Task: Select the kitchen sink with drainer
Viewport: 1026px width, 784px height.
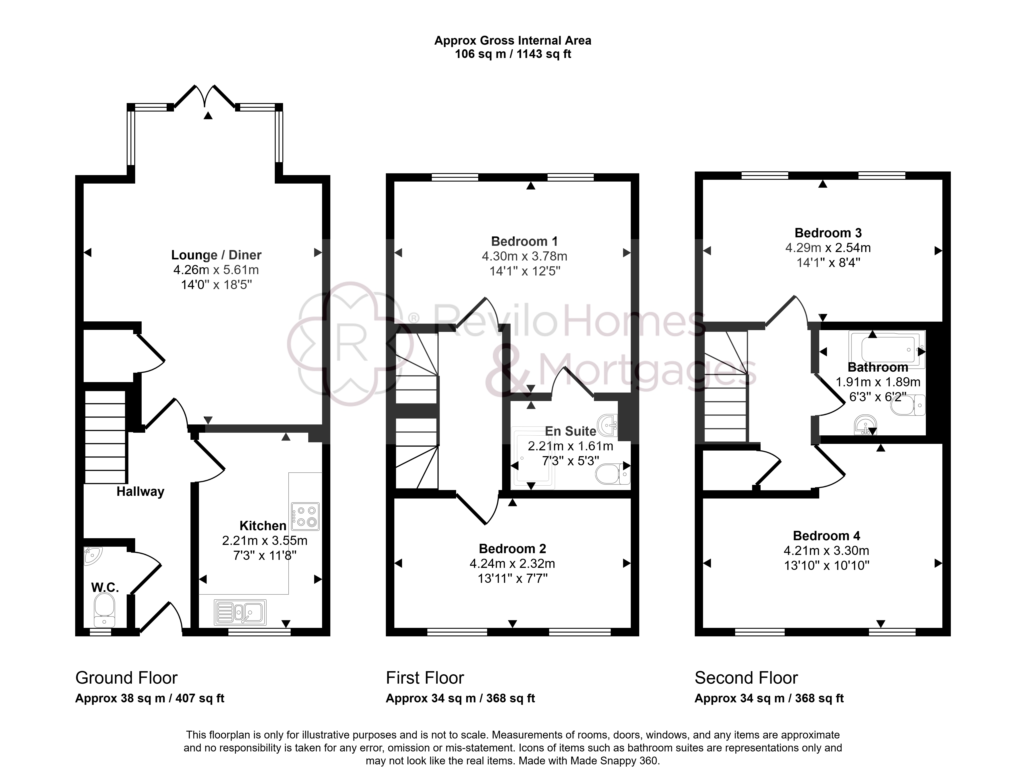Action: pos(240,612)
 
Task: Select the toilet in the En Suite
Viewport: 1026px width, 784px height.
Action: pos(613,474)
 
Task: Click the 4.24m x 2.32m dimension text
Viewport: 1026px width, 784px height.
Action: pos(512,564)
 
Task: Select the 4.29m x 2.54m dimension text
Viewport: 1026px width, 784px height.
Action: pos(828,248)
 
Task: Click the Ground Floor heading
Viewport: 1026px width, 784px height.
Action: pos(126,678)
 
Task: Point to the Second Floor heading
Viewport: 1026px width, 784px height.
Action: pos(746,678)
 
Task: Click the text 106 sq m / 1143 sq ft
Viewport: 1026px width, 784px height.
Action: pos(513,54)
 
